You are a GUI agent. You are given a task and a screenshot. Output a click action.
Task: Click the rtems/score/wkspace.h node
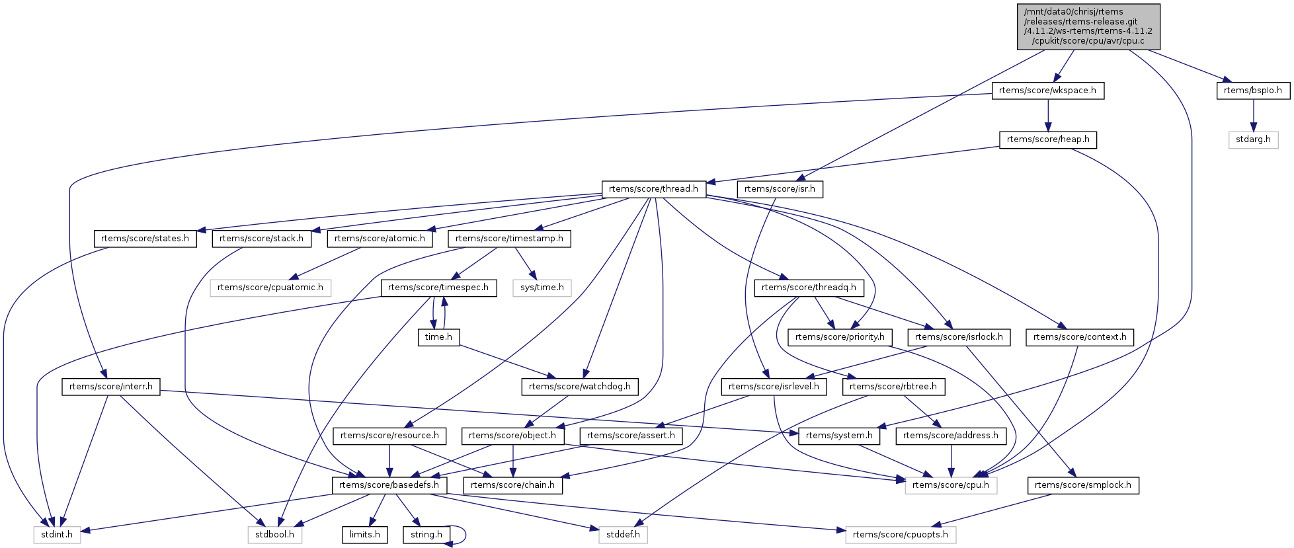click(x=1047, y=91)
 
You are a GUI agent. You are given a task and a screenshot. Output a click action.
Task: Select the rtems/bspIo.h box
click(x=1252, y=91)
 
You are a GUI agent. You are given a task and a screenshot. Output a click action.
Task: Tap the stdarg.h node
click(x=1253, y=140)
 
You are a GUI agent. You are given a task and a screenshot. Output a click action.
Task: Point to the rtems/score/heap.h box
click(x=1047, y=140)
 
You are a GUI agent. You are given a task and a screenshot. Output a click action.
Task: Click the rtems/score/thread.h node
click(x=653, y=189)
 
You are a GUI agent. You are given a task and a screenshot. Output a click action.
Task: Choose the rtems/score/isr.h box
click(x=780, y=189)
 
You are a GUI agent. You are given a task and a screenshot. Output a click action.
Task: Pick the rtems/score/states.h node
click(x=145, y=239)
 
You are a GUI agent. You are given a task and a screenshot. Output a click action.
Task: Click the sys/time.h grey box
click(x=542, y=288)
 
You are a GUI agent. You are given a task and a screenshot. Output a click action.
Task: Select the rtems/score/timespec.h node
click(x=438, y=288)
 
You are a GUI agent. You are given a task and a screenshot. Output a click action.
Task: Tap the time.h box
click(x=438, y=337)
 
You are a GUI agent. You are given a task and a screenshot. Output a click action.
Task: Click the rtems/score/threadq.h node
click(x=808, y=288)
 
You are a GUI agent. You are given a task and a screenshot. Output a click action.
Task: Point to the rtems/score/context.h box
click(x=1079, y=337)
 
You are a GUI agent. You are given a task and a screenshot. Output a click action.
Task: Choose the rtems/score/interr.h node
click(x=110, y=387)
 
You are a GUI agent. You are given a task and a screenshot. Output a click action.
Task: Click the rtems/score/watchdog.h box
click(x=579, y=387)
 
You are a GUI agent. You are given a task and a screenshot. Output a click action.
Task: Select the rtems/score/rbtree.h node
click(x=893, y=387)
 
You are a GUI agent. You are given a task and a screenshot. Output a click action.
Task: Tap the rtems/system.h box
click(x=839, y=436)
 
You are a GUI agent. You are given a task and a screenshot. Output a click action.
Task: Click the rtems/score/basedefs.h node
click(x=389, y=485)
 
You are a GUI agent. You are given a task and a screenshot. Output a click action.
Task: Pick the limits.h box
click(x=364, y=535)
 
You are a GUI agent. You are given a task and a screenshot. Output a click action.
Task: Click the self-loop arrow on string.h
click(x=465, y=535)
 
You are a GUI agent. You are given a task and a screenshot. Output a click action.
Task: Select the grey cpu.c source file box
click(x=1088, y=26)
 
